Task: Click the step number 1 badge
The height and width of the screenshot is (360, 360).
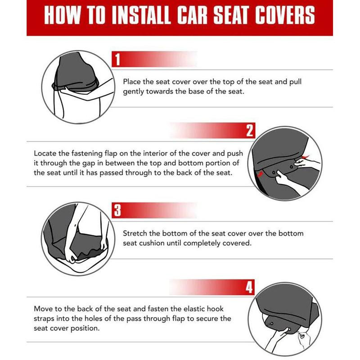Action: pyautogui.click(x=117, y=59)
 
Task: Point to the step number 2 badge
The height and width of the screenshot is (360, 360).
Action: pyautogui.click(x=250, y=131)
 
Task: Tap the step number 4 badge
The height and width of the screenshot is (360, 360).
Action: pyautogui.click(x=250, y=287)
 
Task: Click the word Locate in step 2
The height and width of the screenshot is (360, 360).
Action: pyautogui.click(x=46, y=153)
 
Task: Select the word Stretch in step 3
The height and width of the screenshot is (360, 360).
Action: pyautogui.click(x=136, y=234)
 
